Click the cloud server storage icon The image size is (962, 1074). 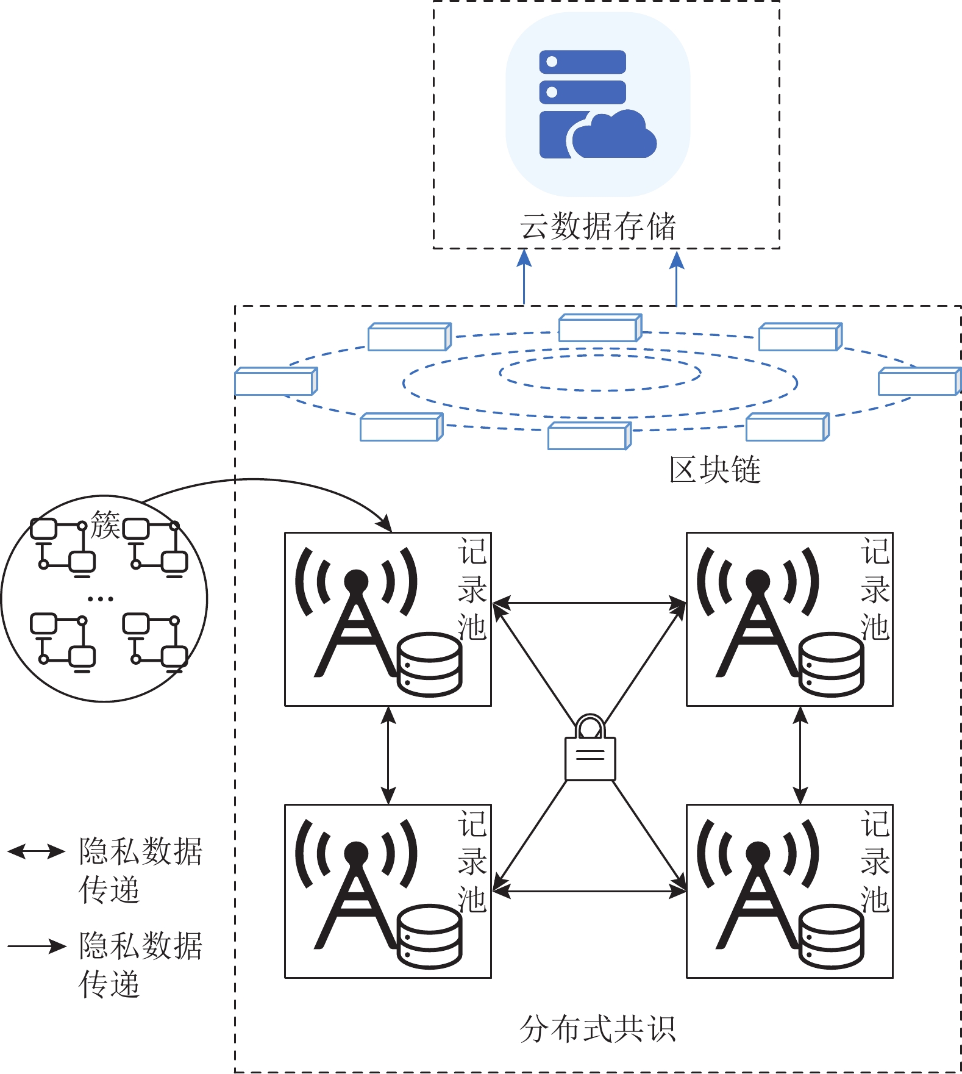(x=597, y=104)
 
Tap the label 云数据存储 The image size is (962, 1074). (x=597, y=226)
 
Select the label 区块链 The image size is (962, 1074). (x=714, y=470)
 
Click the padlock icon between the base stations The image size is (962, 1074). (x=590, y=750)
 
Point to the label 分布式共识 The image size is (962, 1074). (x=597, y=1029)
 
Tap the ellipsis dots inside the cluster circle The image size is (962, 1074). (x=101, y=599)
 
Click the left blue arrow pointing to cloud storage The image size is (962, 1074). (x=524, y=277)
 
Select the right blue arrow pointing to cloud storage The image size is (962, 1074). (x=676, y=277)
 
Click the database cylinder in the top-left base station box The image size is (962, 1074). (x=430, y=664)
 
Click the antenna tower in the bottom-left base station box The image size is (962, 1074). (x=356, y=885)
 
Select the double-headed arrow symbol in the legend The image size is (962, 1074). (x=36, y=851)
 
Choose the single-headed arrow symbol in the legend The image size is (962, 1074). (x=36, y=947)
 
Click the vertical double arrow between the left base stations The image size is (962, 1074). (x=388, y=755)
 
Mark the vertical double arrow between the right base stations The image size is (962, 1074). (x=800, y=755)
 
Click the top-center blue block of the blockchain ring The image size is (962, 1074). (x=600, y=328)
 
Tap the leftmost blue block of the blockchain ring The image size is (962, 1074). (x=276, y=382)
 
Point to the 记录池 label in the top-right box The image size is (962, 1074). (x=875, y=589)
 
